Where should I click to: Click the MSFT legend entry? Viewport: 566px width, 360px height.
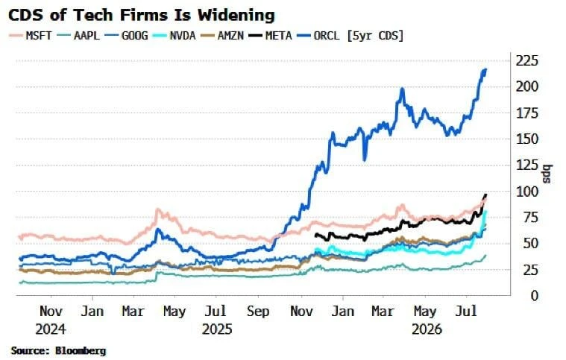click(31, 36)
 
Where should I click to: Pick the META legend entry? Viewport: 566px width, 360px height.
click(271, 36)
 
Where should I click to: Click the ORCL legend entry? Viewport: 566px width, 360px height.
click(318, 36)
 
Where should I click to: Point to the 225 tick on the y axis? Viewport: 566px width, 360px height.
click(526, 61)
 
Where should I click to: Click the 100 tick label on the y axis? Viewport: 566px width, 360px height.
click(526, 192)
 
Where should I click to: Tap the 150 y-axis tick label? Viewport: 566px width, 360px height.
click(526, 139)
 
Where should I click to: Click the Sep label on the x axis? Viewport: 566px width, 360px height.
click(258, 312)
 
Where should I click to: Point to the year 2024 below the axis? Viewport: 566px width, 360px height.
click(51, 329)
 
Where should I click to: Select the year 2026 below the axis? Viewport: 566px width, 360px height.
click(427, 329)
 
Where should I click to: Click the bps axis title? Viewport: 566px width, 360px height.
click(547, 174)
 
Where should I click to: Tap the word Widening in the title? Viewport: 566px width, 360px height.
click(236, 15)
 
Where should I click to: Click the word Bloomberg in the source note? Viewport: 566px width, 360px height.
click(81, 350)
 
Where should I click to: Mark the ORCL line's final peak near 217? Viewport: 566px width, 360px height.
click(485, 69)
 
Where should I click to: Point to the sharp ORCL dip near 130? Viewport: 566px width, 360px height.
click(365, 160)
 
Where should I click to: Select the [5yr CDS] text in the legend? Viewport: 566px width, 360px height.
click(375, 36)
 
